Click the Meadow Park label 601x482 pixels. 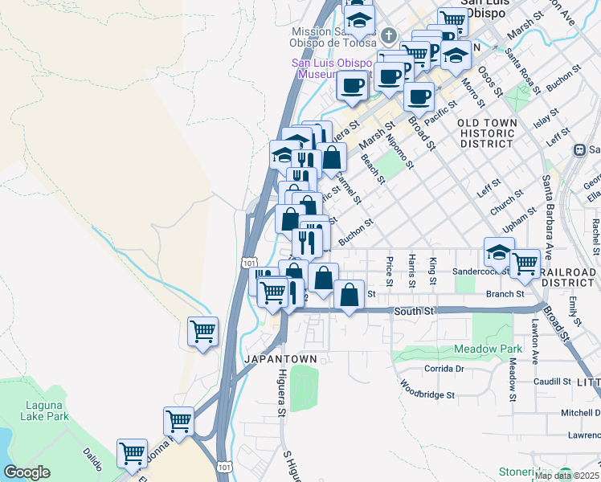(x=489, y=349)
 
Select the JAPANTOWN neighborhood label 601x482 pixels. (x=276, y=357)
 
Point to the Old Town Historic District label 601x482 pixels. (x=487, y=133)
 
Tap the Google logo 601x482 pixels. (x=27, y=472)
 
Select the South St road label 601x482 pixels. (x=413, y=310)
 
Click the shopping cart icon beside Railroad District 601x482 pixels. (x=525, y=262)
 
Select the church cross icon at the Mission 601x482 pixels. (x=389, y=35)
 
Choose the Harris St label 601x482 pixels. (x=411, y=272)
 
